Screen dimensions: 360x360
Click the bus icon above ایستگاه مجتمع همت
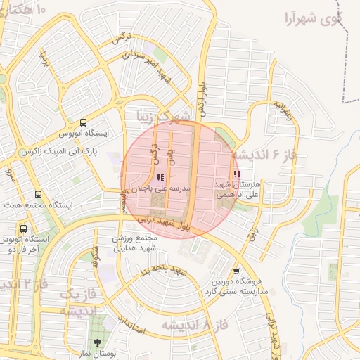(x=37, y=194)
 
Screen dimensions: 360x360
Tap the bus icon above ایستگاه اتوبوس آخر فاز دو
(x=24, y=229)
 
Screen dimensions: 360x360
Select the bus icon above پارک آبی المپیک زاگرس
(x=84, y=122)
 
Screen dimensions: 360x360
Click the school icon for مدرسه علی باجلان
(x=160, y=177)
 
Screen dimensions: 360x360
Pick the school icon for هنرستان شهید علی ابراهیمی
(x=237, y=173)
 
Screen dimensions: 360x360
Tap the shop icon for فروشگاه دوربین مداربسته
(x=236, y=271)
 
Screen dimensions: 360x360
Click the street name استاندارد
(x=134, y=323)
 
